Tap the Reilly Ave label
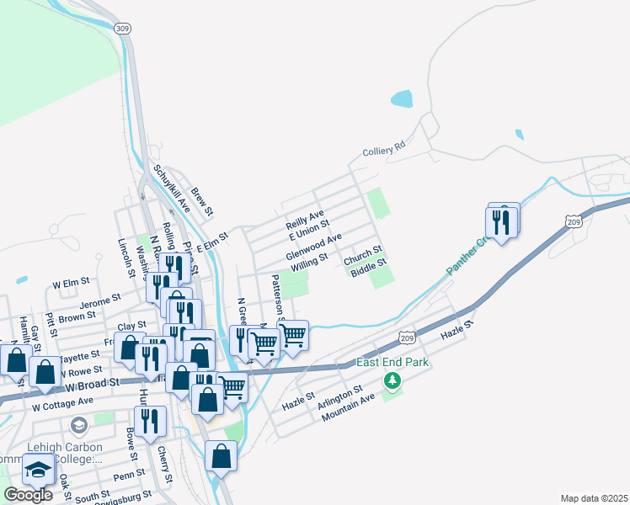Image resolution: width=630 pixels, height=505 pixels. coord(305,221)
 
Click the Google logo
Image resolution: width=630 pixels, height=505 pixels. coord(28,494)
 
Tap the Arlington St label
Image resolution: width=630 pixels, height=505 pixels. coord(340,397)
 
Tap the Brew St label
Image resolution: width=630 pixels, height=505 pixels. coord(203,199)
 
